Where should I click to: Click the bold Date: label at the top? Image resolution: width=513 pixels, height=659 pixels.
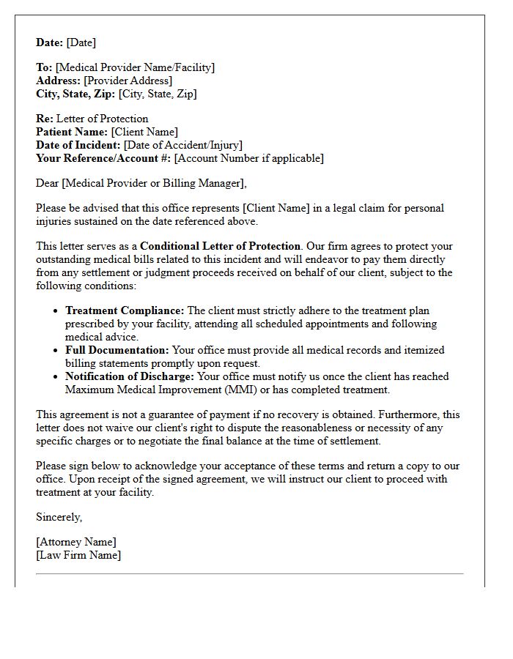pyautogui.click(x=50, y=42)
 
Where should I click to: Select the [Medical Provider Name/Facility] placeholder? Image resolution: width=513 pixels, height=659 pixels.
pyautogui.click(x=135, y=67)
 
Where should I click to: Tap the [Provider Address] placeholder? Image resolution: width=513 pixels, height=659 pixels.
pyautogui.click(x=128, y=81)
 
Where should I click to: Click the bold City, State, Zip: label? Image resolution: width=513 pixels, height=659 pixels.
pyautogui.click(x=75, y=94)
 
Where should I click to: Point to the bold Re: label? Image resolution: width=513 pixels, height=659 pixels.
pyautogui.click(x=45, y=119)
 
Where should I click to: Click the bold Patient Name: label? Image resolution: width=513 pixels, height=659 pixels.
pyautogui.click(x=72, y=132)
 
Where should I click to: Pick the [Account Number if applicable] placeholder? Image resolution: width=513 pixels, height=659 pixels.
pyautogui.click(x=248, y=158)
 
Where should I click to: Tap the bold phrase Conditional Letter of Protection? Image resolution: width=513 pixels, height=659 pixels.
pyautogui.click(x=221, y=246)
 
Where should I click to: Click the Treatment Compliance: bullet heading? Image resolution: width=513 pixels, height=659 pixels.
pyautogui.click(x=125, y=310)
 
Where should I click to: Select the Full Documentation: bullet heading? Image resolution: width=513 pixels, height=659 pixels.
pyautogui.click(x=117, y=350)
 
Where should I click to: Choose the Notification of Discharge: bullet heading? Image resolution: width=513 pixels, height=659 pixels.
pyautogui.click(x=130, y=376)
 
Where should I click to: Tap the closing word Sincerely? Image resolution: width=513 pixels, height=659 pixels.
pyautogui.click(x=59, y=517)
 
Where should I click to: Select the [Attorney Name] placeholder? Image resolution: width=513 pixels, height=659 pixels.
pyautogui.click(x=75, y=542)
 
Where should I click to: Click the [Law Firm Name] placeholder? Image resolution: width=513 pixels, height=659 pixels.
pyautogui.click(x=78, y=555)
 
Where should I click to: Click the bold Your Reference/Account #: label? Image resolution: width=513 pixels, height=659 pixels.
pyautogui.click(x=103, y=158)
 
